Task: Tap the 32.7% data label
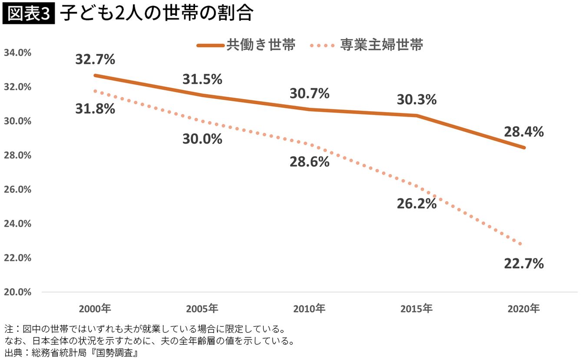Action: pos(95,59)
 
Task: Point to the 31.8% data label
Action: pos(95,109)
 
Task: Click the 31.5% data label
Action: pos(202,79)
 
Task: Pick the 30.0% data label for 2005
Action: pos(202,139)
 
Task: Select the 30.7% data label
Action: pos(310,93)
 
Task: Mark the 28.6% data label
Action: pos(310,162)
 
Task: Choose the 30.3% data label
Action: pos(417,99)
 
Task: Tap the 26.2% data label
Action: pos(417,204)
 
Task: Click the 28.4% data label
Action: pos(524,132)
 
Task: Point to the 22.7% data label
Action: pos(524,263)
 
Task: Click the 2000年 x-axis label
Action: pos(95,309)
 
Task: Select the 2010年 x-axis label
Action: pos(309,309)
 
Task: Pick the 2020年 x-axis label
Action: pos(524,309)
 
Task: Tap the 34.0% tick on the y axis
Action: pos(17,53)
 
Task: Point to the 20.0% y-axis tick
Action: pos(17,292)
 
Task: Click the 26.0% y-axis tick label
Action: pos(17,190)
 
